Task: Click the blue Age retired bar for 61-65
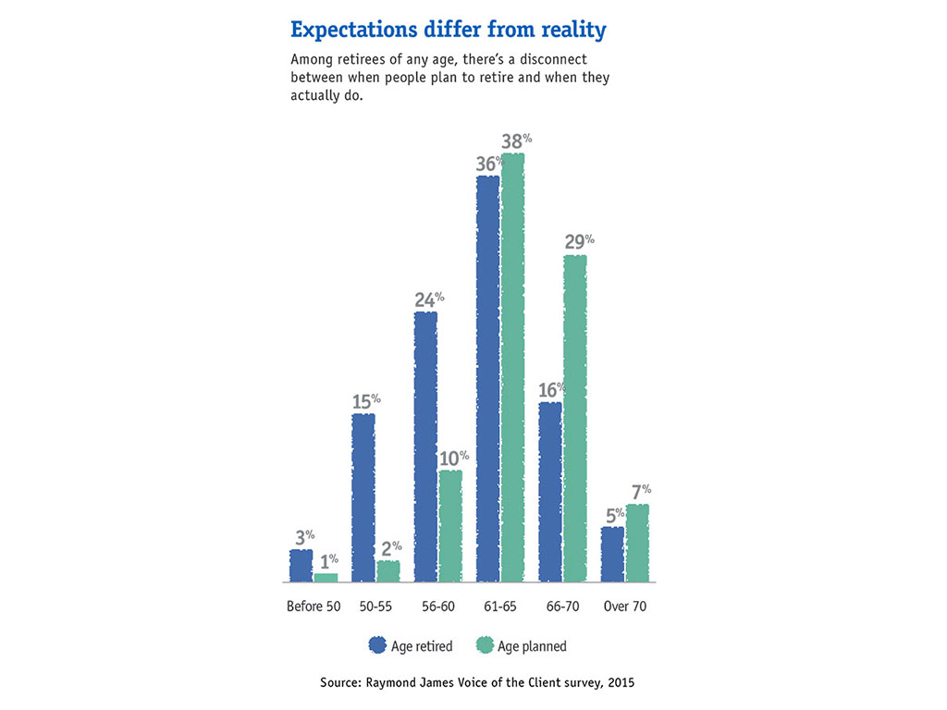(x=488, y=379)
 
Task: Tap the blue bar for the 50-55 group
(x=363, y=498)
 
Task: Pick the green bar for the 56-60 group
(x=450, y=527)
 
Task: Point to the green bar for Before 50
(x=326, y=578)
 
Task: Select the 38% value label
(x=514, y=141)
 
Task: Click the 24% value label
(x=427, y=300)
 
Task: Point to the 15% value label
(x=365, y=402)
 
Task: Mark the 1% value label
(x=328, y=560)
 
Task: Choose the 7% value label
(x=640, y=491)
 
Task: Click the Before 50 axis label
(x=314, y=607)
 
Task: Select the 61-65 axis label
(x=499, y=607)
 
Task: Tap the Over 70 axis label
(x=625, y=607)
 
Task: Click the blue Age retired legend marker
(x=376, y=645)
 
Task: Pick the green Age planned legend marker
(x=484, y=645)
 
